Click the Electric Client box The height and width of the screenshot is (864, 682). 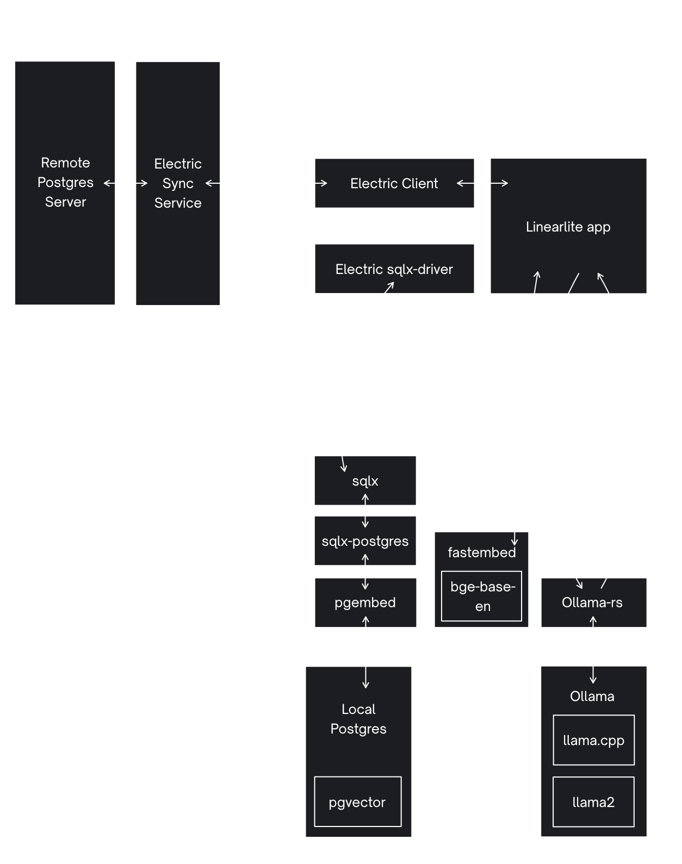[394, 183]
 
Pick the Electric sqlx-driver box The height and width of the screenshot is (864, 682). [394, 269]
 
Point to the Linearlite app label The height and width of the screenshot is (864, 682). [568, 227]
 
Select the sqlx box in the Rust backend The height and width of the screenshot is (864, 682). [365, 481]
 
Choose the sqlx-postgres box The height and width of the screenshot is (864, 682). [365, 541]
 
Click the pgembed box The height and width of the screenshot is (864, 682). [365, 602]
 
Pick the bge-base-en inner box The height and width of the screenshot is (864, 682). [482, 596]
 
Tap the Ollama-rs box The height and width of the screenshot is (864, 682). [593, 602]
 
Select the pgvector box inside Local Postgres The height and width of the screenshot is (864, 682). [357, 802]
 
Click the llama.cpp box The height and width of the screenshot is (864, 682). [593, 740]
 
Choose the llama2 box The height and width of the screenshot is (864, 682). [593, 802]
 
